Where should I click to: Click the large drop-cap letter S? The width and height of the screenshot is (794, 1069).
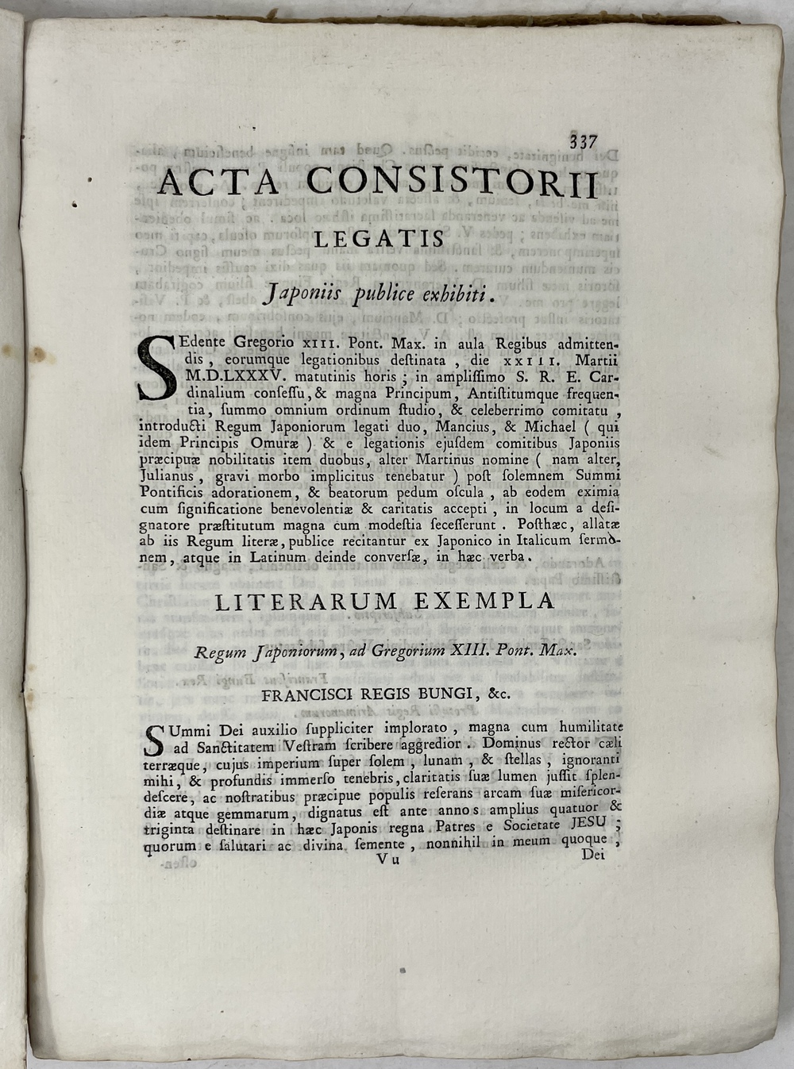(156, 367)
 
